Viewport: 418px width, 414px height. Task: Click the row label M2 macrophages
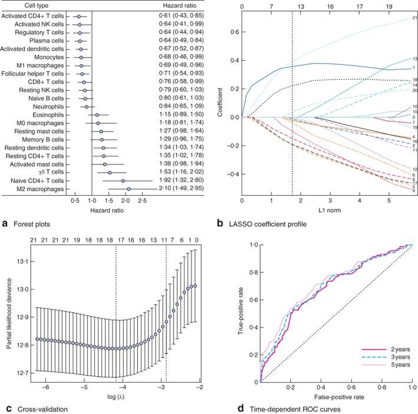(x=42, y=189)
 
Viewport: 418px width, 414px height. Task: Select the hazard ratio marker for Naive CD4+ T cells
(x=123, y=181)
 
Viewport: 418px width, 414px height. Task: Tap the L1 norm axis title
(x=314, y=212)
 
